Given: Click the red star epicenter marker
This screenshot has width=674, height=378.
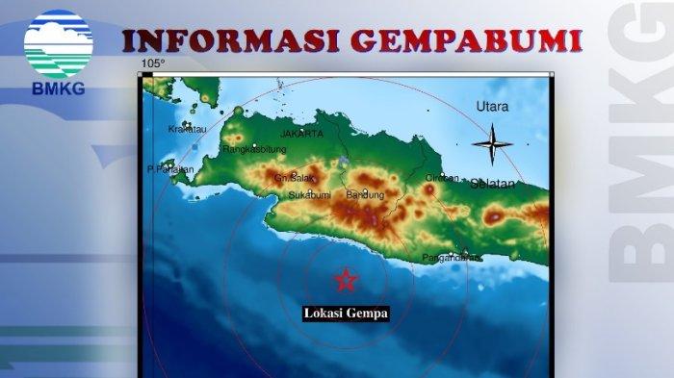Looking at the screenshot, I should pyautogui.click(x=345, y=280).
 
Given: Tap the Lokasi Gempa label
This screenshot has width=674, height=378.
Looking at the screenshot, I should pyautogui.click(x=346, y=313).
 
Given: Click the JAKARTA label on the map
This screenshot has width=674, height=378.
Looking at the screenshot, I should pyautogui.click(x=301, y=134).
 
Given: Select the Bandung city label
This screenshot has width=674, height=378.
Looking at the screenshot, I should pyautogui.click(x=364, y=195).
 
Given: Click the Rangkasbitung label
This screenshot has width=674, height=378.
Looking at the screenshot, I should pyautogui.click(x=254, y=149).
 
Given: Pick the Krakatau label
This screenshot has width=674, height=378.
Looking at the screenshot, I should pyautogui.click(x=187, y=129).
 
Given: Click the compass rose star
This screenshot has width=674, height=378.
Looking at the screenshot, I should pyautogui.click(x=491, y=144).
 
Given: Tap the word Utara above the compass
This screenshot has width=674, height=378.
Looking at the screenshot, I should pyautogui.click(x=491, y=107).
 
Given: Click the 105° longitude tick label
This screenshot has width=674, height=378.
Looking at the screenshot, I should pyautogui.click(x=152, y=63).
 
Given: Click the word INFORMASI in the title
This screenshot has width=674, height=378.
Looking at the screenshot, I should pyautogui.click(x=231, y=41).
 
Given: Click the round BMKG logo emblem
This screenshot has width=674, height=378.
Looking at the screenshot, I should pyautogui.click(x=58, y=43).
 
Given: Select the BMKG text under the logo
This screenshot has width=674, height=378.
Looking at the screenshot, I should pyautogui.click(x=58, y=88).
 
